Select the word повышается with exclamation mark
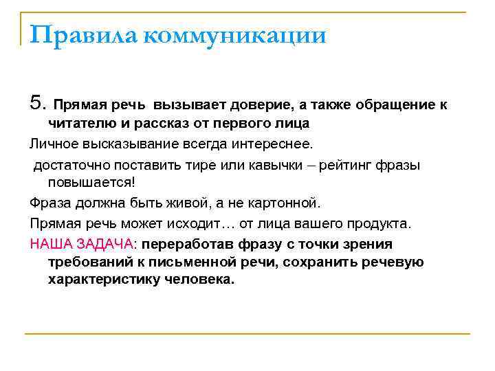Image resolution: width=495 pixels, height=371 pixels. pos(93,183)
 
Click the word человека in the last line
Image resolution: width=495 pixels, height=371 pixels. pos(198,280)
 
